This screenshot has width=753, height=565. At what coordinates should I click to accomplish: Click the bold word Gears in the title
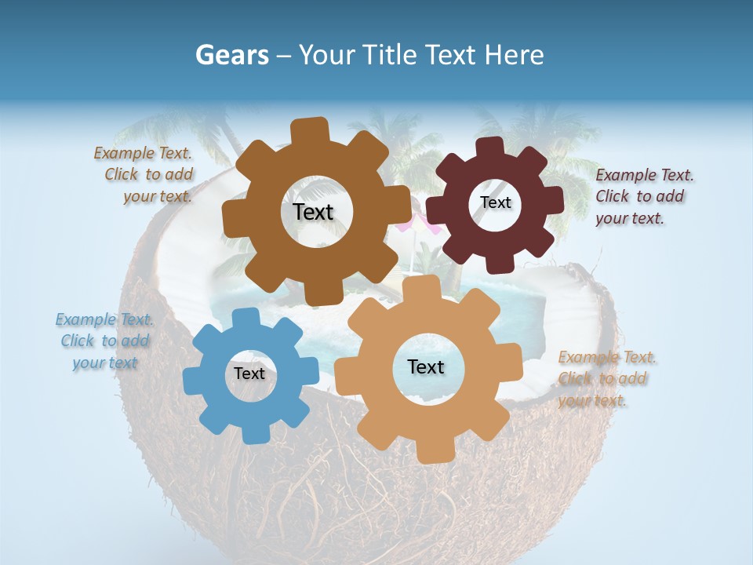[232, 55]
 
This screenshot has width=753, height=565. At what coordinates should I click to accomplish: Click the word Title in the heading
[391, 55]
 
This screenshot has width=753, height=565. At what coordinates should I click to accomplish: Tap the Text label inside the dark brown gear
[313, 212]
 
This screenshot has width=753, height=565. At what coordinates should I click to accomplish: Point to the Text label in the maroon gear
[495, 202]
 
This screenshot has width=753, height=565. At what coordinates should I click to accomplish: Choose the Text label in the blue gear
[249, 374]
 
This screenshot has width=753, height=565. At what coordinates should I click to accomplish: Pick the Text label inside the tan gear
[426, 366]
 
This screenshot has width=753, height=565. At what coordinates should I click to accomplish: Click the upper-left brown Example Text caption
[146, 174]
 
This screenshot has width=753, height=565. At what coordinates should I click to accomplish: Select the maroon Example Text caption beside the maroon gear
[643, 196]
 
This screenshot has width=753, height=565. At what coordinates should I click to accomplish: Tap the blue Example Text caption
[105, 341]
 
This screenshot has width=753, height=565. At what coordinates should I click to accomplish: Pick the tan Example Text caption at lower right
[606, 379]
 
